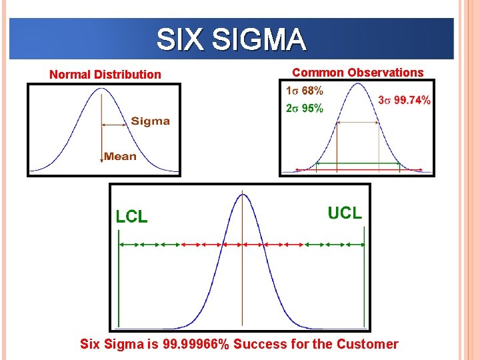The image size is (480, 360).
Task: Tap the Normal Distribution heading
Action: tap(105, 75)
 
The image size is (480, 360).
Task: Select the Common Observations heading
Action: tap(358, 72)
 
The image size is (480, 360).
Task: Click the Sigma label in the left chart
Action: tap(150, 121)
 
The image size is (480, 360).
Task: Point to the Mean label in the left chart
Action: tap(121, 157)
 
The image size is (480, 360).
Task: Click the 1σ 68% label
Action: tap(305, 91)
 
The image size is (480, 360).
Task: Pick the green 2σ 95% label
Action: tap(305, 108)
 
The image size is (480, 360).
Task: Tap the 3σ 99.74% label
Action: tap(404, 100)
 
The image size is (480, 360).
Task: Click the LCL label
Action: tap(132, 216)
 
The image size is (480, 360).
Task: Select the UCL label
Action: tap(345, 213)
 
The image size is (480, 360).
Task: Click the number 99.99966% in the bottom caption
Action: tap(192, 344)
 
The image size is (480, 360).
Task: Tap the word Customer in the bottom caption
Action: tap(368, 344)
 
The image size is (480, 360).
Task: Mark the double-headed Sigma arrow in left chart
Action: tap(114, 123)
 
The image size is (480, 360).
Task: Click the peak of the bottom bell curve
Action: tap(243, 194)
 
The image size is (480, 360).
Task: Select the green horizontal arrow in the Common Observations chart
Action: tap(357, 163)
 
